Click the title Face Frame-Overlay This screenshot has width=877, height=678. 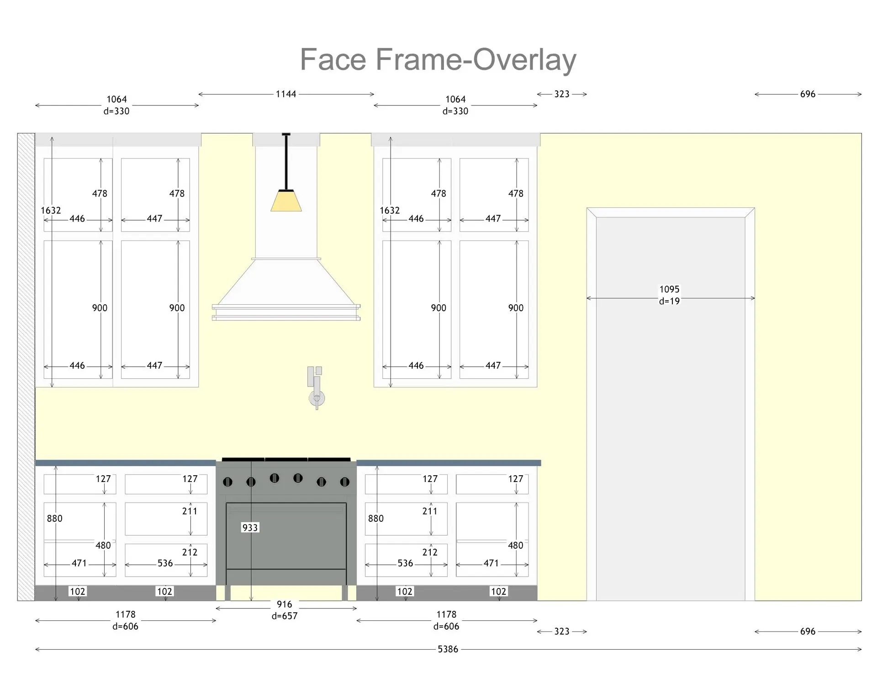pyautogui.click(x=438, y=59)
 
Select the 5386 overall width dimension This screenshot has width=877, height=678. pyautogui.click(x=448, y=649)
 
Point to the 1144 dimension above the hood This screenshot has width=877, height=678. pyautogui.click(x=286, y=94)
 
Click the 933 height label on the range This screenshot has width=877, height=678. pyautogui.click(x=250, y=528)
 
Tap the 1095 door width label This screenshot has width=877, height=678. pyautogui.click(x=669, y=289)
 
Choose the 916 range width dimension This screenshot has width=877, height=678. pyautogui.click(x=284, y=604)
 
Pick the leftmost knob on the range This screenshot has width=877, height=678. pyautogui.click(x=227, y=482)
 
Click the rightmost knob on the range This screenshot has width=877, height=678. pyautogui.click(x=345, y=482)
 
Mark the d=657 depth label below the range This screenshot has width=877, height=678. pyautogui.click(x=284, y=616)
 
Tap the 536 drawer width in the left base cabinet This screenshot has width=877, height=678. pyautogui.click(x=165, y=563)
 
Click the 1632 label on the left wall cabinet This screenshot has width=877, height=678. pyautogui.click(x=51, y=211)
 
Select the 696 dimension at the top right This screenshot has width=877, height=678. pyautogui.click(x=808, y=94)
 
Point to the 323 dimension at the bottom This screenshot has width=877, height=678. pyautogui.click(x=562, y=631)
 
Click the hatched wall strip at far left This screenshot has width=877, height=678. pyautogui.click(x=26, y=365)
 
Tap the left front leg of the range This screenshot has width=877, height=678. pyautogui.click(x=227, y=593)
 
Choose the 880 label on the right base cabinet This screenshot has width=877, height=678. pyautogui.click(x=376, y=519)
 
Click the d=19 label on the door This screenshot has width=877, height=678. pyautogui.click(x=669, y=301)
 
